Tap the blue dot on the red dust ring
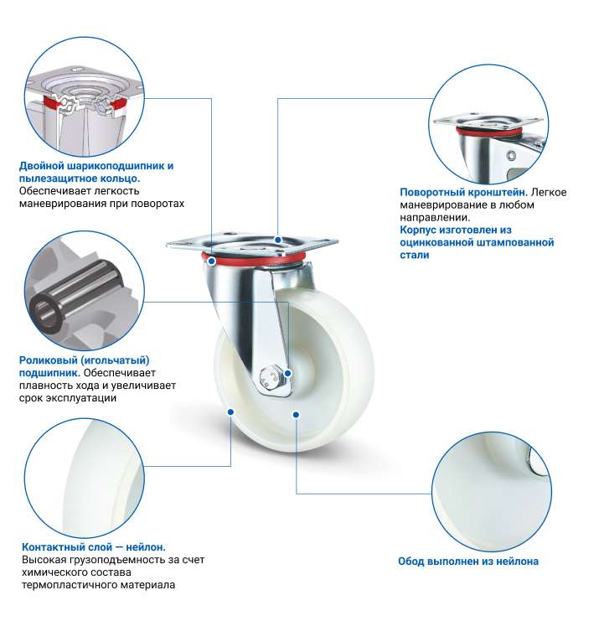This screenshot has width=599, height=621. (x=212, y=261)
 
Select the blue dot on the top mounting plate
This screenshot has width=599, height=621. (x=278, y=240)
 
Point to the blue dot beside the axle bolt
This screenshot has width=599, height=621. (x=288, y=373)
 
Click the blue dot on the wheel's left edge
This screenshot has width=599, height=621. (x=230, y=411)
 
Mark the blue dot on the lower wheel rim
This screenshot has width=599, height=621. (x=296, y=415)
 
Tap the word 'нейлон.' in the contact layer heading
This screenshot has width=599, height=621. (x=146, y=547)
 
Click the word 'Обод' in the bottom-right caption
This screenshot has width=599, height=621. (x=411, y=561)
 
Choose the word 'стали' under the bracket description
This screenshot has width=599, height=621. (x=415, y=255)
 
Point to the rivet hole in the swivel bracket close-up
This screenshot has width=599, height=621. (x=512, y=155)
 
